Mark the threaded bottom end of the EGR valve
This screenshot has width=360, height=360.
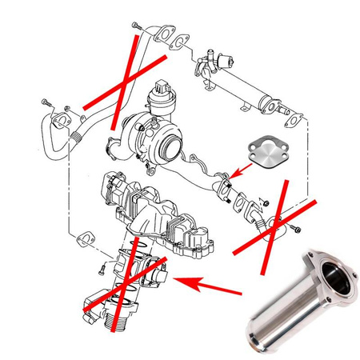[108, 320]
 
